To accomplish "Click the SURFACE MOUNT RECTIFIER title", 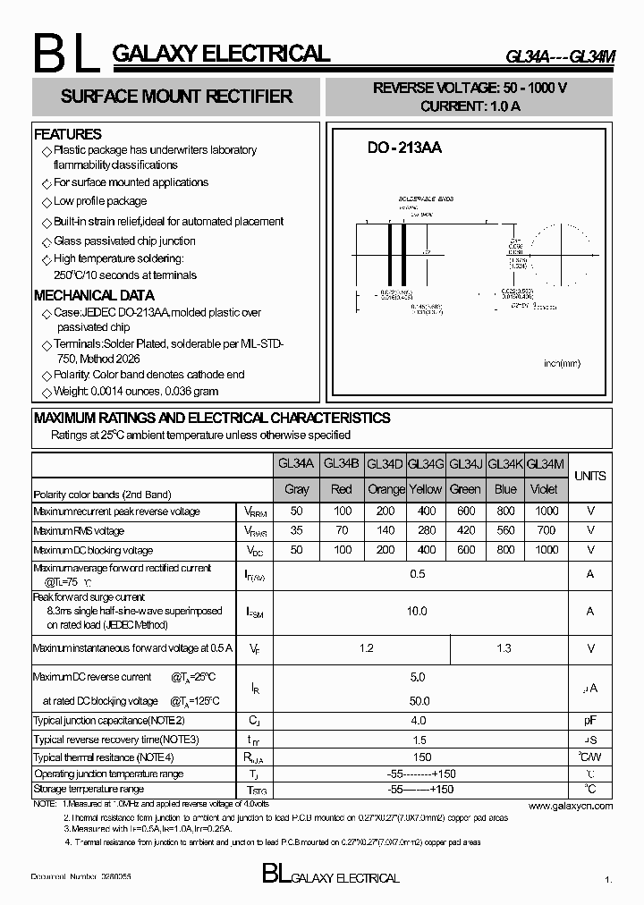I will coord(176,97).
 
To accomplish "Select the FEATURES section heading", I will coord(68,134).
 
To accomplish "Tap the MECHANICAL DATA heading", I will coord(94,295).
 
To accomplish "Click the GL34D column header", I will coord(385,463).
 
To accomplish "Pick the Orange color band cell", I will coord(386,489).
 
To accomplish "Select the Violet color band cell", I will coord(544,489).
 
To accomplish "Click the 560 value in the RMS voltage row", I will coord(505,529).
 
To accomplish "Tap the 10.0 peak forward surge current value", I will coord(417,611).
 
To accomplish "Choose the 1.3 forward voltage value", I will coord(504,647).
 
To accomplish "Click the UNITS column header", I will coord(590,476).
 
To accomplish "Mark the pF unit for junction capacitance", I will coord(590,720).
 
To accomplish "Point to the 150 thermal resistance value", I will coord(417,757).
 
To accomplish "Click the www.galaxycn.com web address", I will coord(570,806).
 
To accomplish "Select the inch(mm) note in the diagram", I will coord(563,363).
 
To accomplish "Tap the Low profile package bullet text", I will coord(100,201).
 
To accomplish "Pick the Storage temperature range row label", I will coord(89,790).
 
